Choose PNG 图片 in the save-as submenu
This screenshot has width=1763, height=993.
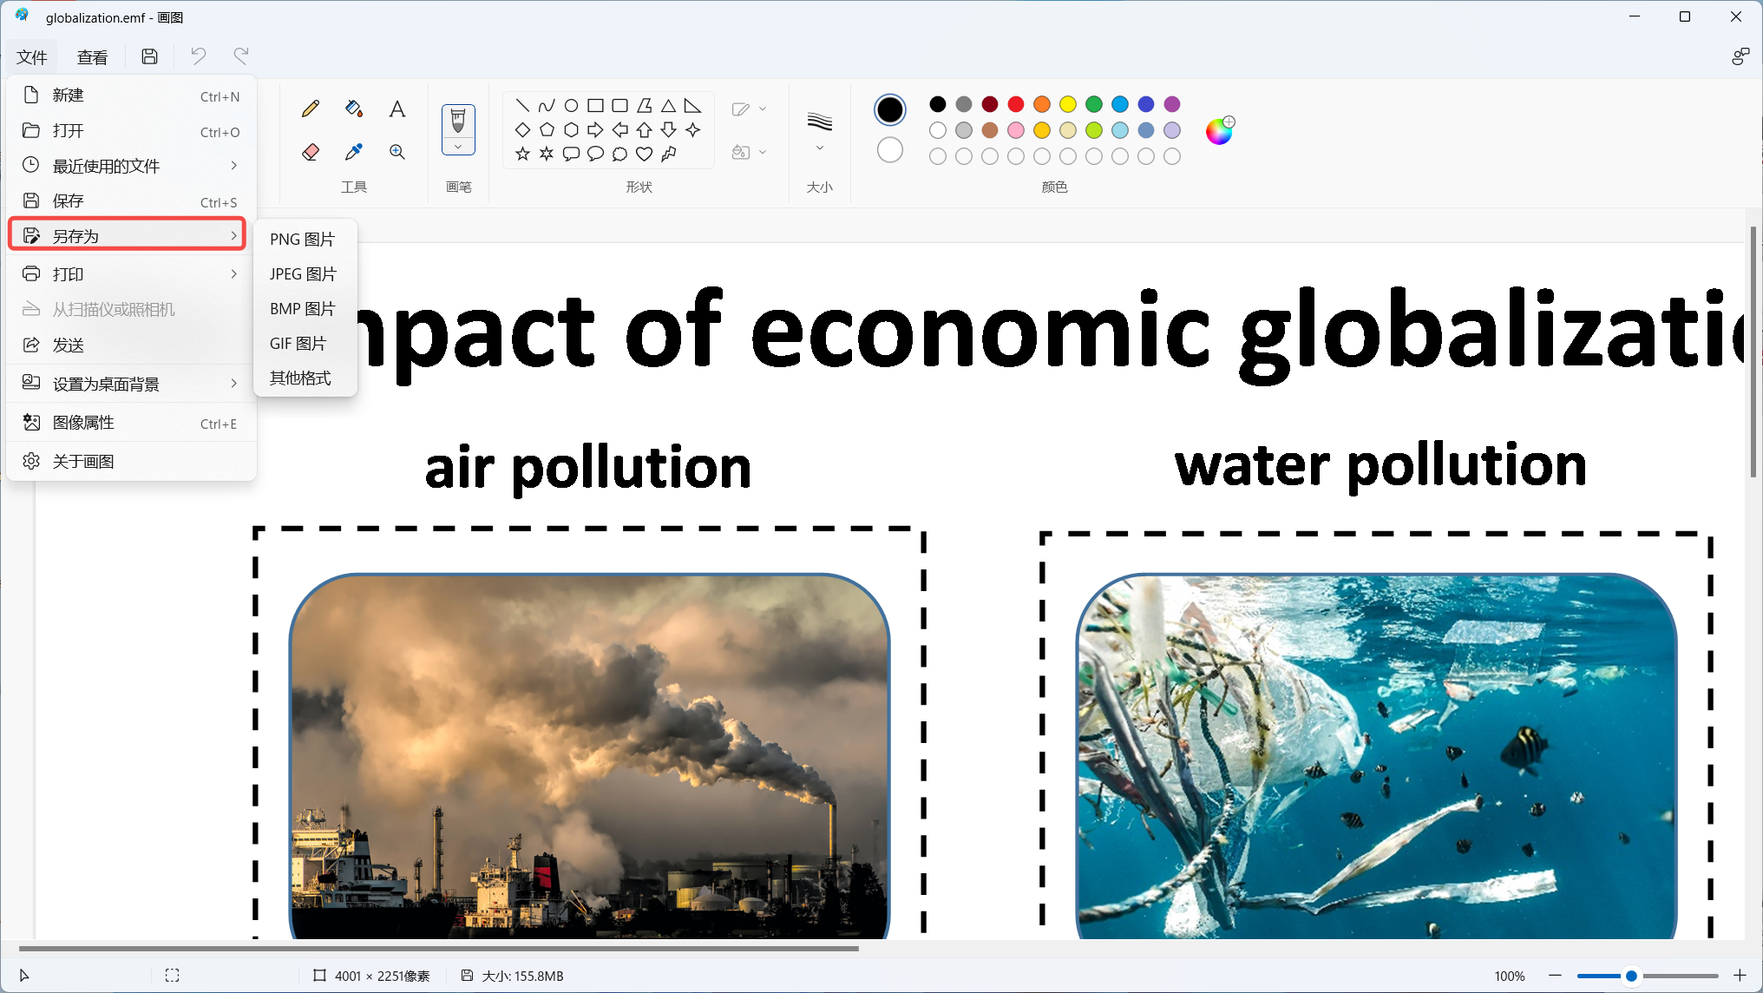[302, 239]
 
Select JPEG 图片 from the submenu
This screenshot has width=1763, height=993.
[303, 273]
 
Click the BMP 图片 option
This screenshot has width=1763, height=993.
[302, 308]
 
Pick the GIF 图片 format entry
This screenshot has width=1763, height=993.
[298, 343]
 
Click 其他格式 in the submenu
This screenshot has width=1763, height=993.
[300, 378]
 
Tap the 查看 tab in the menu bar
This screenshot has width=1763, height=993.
[92, 57]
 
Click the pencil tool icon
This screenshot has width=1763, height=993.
[310, 109]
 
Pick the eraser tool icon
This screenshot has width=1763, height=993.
[310, 152]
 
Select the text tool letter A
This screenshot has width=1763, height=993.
[397, 109]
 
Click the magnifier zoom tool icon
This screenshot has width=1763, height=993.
[397, 152]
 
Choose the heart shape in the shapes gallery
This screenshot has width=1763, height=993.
[644, 154]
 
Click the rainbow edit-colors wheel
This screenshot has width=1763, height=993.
[1219, 131]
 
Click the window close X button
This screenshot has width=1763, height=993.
[1736, 16]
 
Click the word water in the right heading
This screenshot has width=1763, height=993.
[1252, 466]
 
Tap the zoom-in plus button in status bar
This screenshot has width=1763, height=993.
[1740, 976]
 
